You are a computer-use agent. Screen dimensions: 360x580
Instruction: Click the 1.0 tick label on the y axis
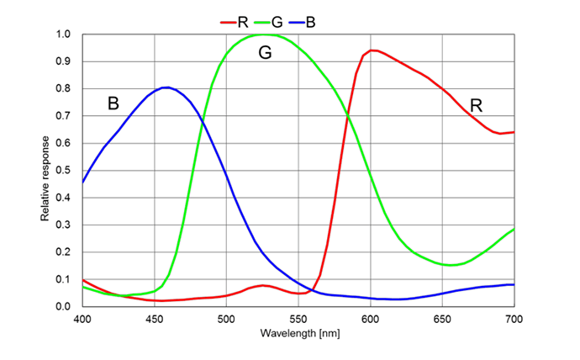coord(64,34)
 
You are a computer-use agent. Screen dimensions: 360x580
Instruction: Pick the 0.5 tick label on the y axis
coord(64,171)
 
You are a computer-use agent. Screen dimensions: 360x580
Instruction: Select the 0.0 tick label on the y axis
coord(64,306)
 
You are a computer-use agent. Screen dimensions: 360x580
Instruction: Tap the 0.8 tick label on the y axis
coord(64,89)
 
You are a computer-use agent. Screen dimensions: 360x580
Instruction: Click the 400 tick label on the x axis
coord(82,320)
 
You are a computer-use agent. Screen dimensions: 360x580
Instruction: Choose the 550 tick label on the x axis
coord(298,320)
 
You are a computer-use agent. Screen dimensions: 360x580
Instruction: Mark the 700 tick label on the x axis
coord(514,320)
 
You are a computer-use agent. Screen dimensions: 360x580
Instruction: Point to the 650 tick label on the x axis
coord(442,320)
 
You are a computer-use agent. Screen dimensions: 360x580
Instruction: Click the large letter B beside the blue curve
coord(113,104)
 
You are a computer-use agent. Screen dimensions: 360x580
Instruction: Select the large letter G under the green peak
coord(265,53)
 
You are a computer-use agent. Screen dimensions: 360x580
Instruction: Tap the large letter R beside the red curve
coord(477,106)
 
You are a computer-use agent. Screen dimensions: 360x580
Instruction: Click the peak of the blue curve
coord(166,87)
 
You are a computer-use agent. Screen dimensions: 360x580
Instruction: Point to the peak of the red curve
coord(372,50)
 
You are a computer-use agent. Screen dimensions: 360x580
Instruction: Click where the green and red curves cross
coord(347,115)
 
